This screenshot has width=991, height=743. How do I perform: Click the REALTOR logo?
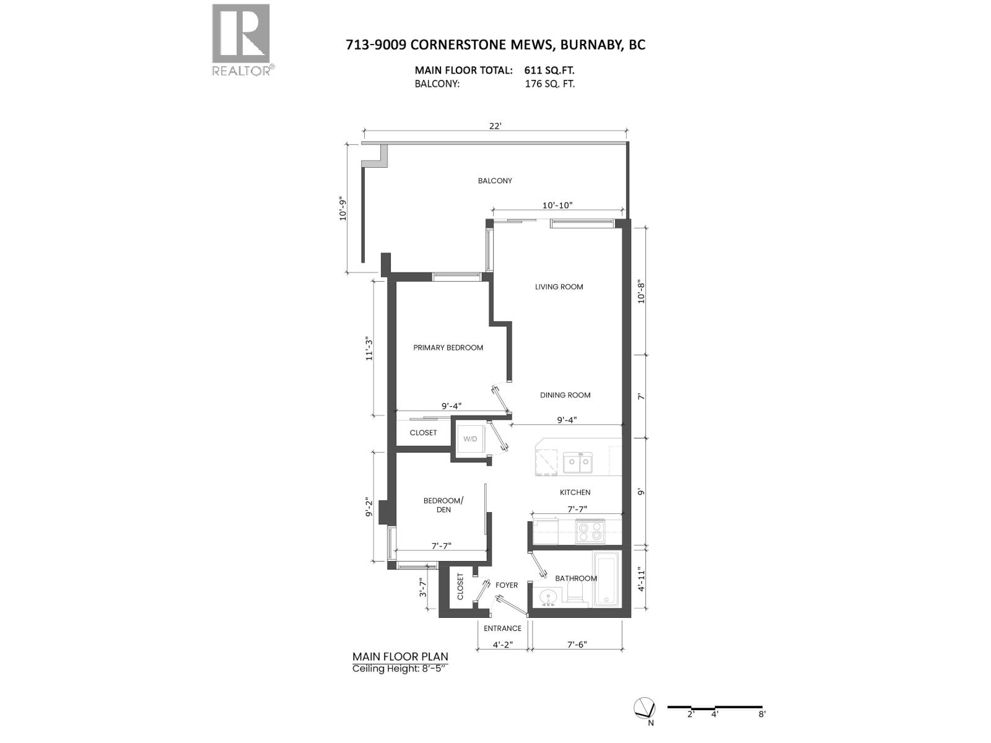241,40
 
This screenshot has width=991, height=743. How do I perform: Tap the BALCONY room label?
495,181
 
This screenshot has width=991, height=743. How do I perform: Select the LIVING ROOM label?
559,287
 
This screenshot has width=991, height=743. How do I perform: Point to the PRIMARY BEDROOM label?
448,347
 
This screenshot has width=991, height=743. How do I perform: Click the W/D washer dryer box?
470,439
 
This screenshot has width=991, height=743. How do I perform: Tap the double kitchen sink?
577,463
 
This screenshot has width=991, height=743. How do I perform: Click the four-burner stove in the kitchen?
590,531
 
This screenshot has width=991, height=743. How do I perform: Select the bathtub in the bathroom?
606,579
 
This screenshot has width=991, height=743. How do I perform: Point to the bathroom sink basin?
548,598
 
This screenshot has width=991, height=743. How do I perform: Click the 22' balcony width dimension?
495,126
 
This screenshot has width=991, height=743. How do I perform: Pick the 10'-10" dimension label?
557,206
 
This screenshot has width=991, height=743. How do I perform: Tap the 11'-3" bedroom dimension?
369,349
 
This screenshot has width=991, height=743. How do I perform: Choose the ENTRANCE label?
502,628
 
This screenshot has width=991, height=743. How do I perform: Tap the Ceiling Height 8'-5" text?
399,669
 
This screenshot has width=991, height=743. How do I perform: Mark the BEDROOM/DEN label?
443,505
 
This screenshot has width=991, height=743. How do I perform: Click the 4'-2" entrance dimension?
502,644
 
